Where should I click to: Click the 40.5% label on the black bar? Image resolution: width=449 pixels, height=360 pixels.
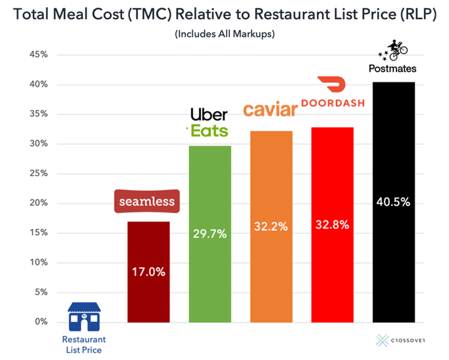(x=393, y=202)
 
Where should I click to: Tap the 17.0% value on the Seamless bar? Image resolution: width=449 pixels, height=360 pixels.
(x=148, y=271)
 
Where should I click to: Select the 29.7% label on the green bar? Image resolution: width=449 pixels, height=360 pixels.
(x=210, y=234)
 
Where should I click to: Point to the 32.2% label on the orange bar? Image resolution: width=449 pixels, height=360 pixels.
(x=271, y=226)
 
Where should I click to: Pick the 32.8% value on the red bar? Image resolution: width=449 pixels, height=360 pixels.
(x=332, y=225)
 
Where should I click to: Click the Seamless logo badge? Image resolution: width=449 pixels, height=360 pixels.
(x=147, y=202)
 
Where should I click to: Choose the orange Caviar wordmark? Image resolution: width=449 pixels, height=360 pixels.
(x=270, y=110)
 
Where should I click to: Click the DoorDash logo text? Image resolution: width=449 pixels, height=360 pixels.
(x=333, y=102)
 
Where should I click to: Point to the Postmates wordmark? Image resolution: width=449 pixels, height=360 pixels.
(x=393, y=69)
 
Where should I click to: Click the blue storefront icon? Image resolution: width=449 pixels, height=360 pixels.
(x=83, y=317)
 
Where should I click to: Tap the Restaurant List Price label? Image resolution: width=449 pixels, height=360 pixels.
(x=83, y=344)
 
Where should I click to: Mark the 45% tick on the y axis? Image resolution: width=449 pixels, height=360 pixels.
(x=38, y=55)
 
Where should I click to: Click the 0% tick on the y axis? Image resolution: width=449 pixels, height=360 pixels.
(x=41, y=322)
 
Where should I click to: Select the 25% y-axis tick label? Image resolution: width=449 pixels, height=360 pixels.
(x=38, y=174)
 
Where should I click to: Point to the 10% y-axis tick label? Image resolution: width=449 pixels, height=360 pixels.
(x=38, y=262)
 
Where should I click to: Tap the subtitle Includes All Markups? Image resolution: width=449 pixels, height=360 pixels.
(x=224, y=34)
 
